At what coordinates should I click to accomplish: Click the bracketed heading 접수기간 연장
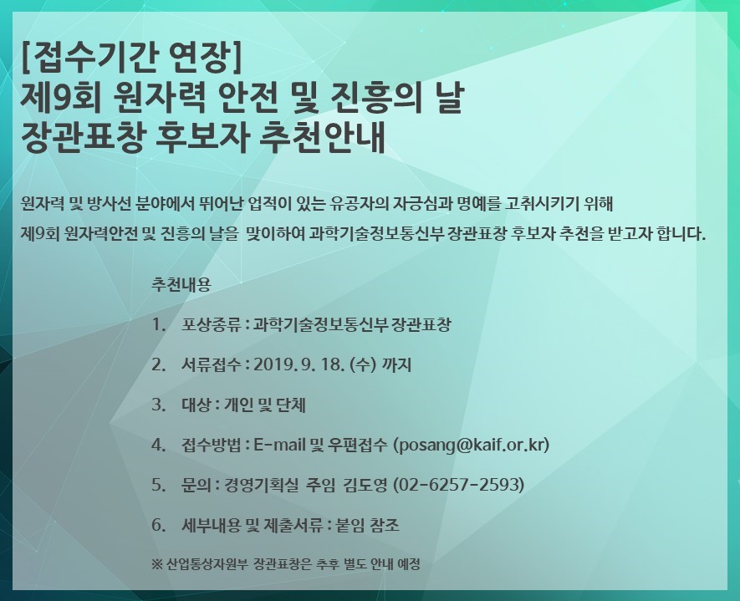click(x=131, y=58)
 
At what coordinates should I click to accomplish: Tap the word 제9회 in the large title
click(x=61, y=98)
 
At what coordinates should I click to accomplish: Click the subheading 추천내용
click(x=181, y=284)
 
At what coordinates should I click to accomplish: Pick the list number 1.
click(x=158, y=324)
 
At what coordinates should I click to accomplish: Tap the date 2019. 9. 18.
click(x=299, y=364)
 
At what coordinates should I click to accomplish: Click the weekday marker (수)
click(x=363, y=364)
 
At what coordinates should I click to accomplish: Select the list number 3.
click(x=158, y=405)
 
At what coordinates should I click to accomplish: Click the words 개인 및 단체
click(x=265, y=405)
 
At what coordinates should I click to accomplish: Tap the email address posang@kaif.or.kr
click(x=472, y=445)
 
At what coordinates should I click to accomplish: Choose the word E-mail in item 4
click(x=280, y=445)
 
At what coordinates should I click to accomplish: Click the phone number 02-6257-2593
click(x=459, y=485)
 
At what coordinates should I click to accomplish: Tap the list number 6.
click(x=158, y=525)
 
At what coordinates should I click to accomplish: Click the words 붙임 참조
click(x=367, y=525)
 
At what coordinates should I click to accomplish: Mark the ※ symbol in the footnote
click(x=157, y=564)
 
